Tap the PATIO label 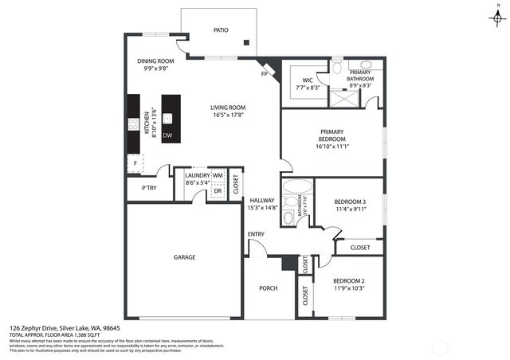tap(221, 30)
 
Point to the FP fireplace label tap(264, 74)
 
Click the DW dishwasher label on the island tap(167, 135)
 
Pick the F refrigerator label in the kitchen tap(135, 163)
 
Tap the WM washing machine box tap(217, 175)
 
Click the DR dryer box tap(217, 191)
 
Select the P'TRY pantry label tap(148, 188)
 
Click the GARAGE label tap(185, 257)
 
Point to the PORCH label tap(269, 288)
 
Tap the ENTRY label tap(256, 233)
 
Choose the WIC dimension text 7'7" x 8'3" tap(308, 87)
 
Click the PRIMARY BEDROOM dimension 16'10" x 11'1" tap(331, 146)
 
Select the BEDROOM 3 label tap(350, 202)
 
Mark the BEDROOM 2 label tap(348, 280)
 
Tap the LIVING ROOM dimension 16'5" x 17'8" tap(228, 115)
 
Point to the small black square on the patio tap(247, 42)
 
